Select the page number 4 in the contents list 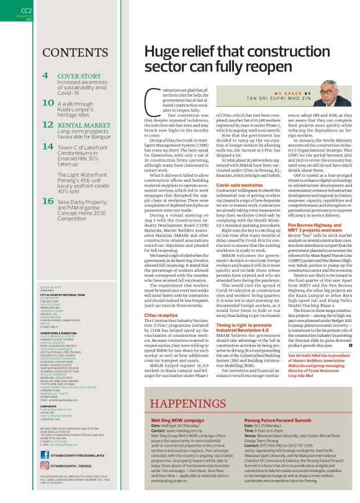pos(45,76)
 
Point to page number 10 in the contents pos(48,100)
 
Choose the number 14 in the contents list pos(48,147)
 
